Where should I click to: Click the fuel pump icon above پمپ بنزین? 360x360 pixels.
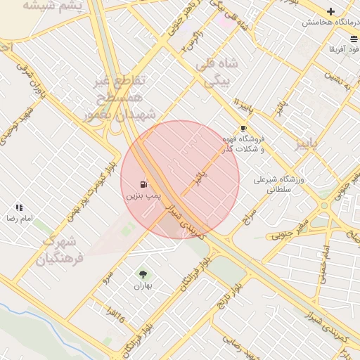143,184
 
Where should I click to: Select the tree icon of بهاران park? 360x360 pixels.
143,275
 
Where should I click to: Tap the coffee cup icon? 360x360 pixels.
243,129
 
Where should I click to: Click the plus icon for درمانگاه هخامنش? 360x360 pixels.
330,11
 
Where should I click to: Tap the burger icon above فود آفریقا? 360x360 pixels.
352,38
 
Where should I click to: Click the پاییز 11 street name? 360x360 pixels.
242,109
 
